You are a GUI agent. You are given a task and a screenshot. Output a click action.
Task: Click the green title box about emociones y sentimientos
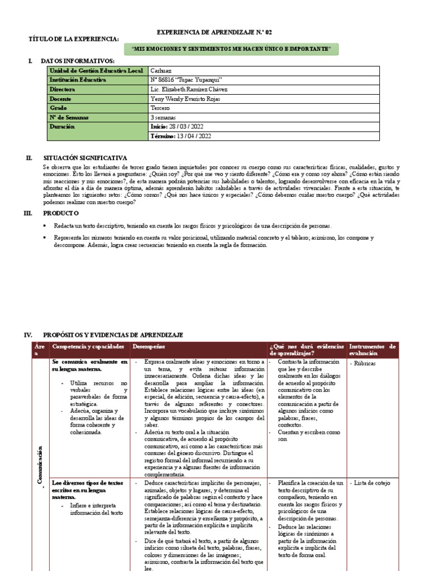[231, 50]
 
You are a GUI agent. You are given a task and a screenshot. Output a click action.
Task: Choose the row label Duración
[63, 127]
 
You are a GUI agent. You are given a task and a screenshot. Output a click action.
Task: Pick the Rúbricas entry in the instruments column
[364, 363]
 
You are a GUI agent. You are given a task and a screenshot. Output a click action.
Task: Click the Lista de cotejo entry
[371, 483]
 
